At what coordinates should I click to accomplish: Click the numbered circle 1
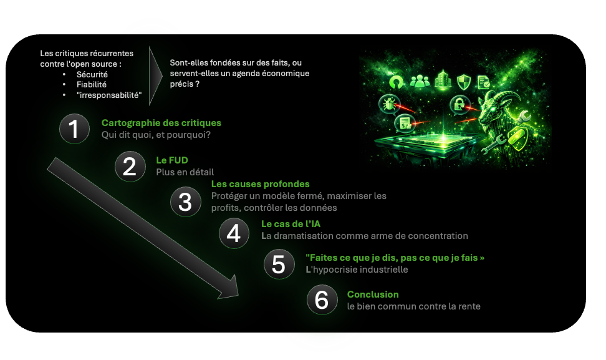[x=74, y=129]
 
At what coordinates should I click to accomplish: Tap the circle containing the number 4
[x=234, y=233]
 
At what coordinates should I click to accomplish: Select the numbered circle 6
[x=322, y=299]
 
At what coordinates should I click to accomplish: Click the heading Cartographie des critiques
[x=161, y=123]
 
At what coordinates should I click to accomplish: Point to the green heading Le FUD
[x=172, y=160]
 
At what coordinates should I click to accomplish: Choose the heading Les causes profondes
[x=261, y=184]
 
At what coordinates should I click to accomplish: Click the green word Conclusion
[x=373, y=294]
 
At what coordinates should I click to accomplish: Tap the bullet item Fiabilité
[x=91, y=85]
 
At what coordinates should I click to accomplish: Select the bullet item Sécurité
[x=92, y=74]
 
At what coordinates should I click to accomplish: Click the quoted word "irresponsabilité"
[x=109, y=95]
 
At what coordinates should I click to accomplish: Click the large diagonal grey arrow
[x=143, y=228]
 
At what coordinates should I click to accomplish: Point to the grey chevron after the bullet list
[x=156, y=75]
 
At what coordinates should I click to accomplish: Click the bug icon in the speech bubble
[x=388, y=104]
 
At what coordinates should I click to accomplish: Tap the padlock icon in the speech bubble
[x=459, y=104]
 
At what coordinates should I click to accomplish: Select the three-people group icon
[x=420, y=81]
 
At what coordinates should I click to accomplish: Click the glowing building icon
[x=443, y=80]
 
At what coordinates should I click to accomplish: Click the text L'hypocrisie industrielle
[x=357, y=270]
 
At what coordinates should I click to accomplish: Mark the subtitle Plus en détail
[x=185, y=172]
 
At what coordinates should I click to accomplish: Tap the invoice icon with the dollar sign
[x=404, y=124]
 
